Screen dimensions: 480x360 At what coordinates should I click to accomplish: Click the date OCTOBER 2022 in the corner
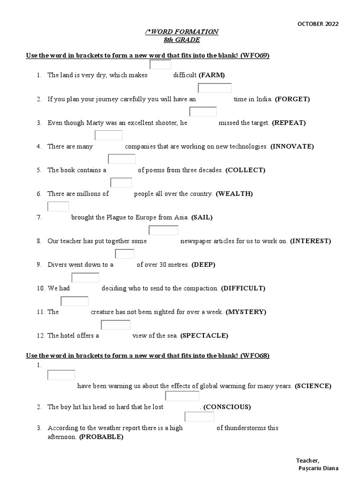[318, 24]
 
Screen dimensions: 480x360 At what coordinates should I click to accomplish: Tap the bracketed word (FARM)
[212, 75]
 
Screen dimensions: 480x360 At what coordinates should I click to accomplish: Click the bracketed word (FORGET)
[292, 99]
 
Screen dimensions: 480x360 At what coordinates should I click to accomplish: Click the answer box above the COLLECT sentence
[121, 159]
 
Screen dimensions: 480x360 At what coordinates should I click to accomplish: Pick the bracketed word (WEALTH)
[234, 194]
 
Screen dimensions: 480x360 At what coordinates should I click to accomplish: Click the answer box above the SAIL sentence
[58, 206]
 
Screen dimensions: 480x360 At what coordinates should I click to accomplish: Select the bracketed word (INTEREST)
[310, 241]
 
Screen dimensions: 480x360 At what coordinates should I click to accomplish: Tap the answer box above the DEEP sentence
[125, 254]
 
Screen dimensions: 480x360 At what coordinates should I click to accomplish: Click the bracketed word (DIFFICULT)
[243, 288]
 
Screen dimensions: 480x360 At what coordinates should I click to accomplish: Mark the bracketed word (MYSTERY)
[246, 312]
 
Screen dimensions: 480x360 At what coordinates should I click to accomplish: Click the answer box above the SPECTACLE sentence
[116, 324]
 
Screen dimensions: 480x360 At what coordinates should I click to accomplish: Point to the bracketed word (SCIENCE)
[313, 386]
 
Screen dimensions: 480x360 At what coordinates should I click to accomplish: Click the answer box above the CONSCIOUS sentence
[182, 396]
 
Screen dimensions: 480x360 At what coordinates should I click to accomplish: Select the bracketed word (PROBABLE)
[101, 437]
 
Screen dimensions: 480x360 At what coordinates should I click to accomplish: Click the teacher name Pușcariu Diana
[318, 468]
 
